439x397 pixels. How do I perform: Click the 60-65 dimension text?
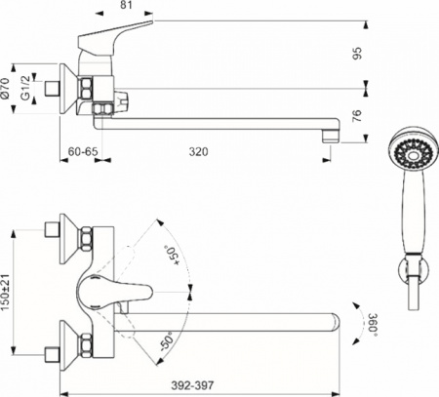click(76, 152)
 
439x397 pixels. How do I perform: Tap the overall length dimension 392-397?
click(198, 385)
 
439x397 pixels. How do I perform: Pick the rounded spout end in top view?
click(336, 321)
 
